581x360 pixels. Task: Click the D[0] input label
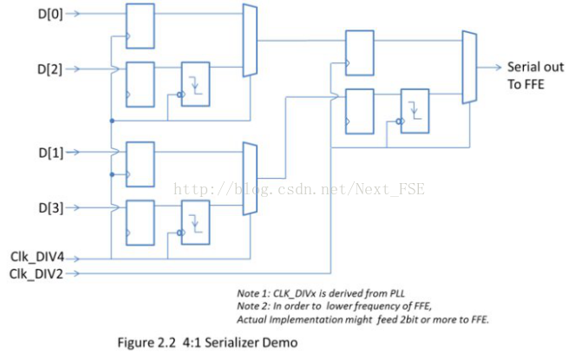pos(50,14)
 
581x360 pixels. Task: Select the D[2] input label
pos(49,69)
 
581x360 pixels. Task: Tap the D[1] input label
pos(51,153)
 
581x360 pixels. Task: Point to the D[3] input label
pos(51,207)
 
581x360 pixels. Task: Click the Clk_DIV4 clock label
pos(37,257)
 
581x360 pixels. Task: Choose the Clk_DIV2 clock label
pos(36,274)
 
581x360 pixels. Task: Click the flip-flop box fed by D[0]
pos(140,26)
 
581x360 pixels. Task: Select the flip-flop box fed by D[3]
pos(140,223)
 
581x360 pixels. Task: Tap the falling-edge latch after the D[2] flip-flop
pos(195,84)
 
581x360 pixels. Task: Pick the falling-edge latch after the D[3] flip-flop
pos(195,222)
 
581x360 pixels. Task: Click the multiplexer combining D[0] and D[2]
pos(250,41)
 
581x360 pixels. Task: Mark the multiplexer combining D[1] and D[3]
pos(250,179)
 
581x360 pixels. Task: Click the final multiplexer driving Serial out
pos(469,67)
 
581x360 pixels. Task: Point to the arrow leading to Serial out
pos(489,68)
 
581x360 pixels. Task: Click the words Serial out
pos(535,67)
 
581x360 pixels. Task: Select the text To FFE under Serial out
pos(526,84)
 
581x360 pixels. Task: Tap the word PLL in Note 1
pos(397,293)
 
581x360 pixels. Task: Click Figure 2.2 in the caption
pos(147,343)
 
